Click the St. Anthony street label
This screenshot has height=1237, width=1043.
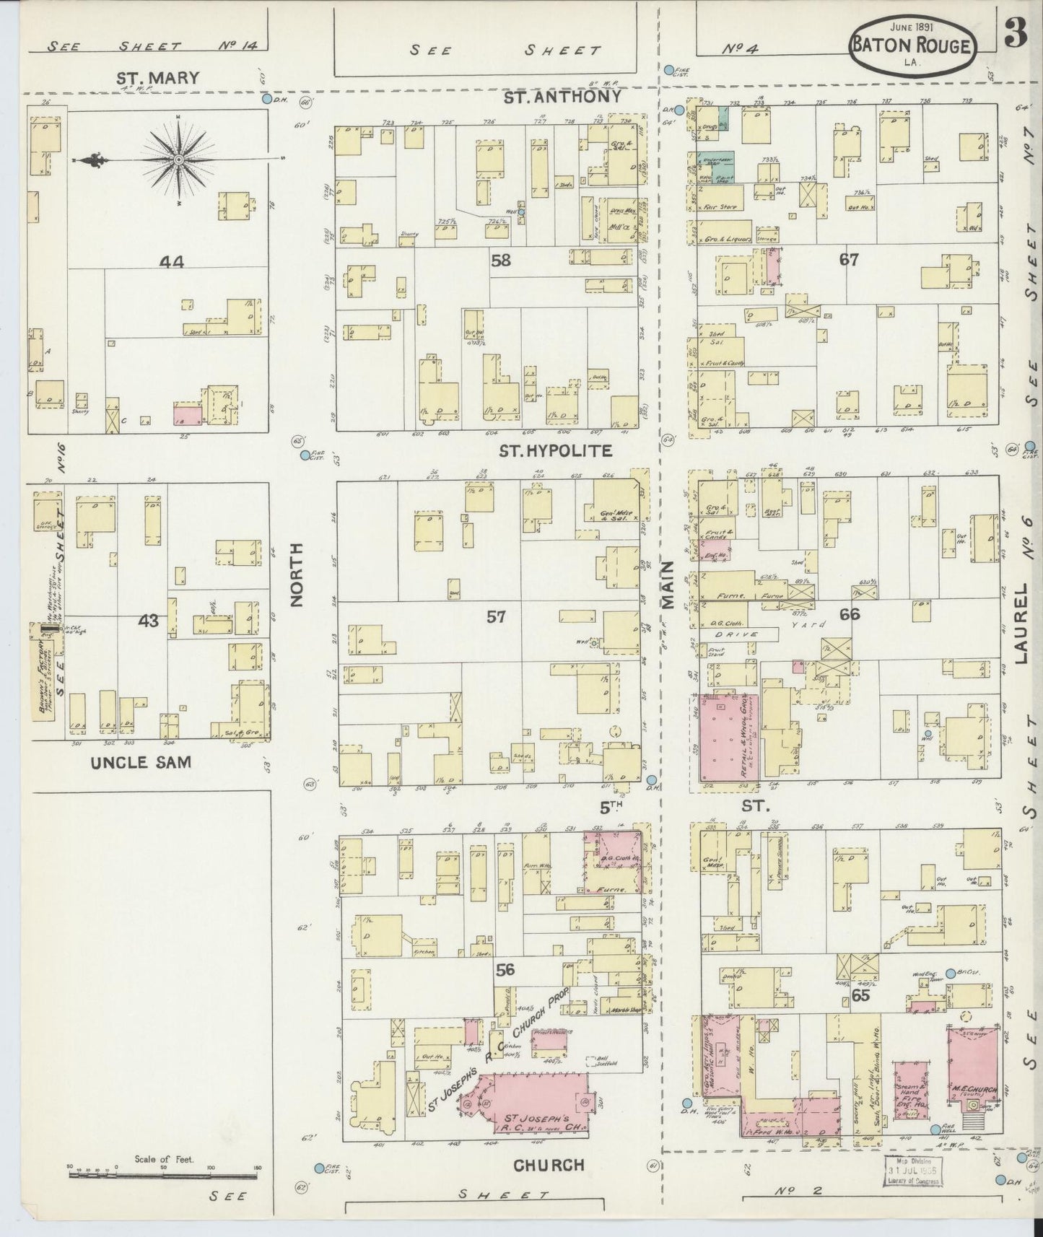(x=562, y=96)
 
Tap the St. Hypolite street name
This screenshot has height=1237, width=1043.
(x=555, y=451)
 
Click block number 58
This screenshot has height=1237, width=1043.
(x=500, y=260)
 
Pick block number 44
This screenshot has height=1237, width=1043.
(x=172, y=262)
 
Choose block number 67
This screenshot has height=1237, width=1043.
(x=849, y=259)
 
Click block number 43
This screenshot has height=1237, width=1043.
(x=148, y=620)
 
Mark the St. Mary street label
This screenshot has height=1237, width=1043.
(x=158, y=78)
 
